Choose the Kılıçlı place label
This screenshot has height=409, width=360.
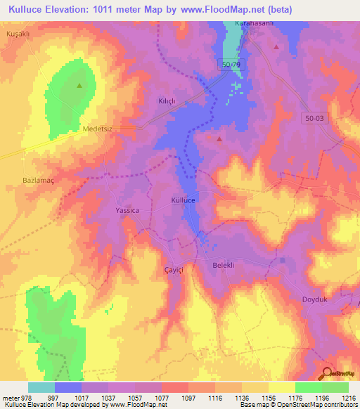pyautogui.click(x=167, y=101)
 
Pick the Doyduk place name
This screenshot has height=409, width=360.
pyautogui.click(x=315, y=299)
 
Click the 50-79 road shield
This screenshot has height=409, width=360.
pyautogui.click(x=231, y=65)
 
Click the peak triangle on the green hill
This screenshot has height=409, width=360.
pyautogui.click(x=79, y=86)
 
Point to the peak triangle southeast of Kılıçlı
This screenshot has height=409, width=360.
pyautogui.click(x=219, y=139)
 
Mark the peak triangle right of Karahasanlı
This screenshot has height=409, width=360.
pyautogui.click(x=277, y=47)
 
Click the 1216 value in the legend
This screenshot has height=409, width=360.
pyautogui.click(x=349, y=398)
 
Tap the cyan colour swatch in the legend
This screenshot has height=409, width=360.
pyautogui.click(x=41, y=387)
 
